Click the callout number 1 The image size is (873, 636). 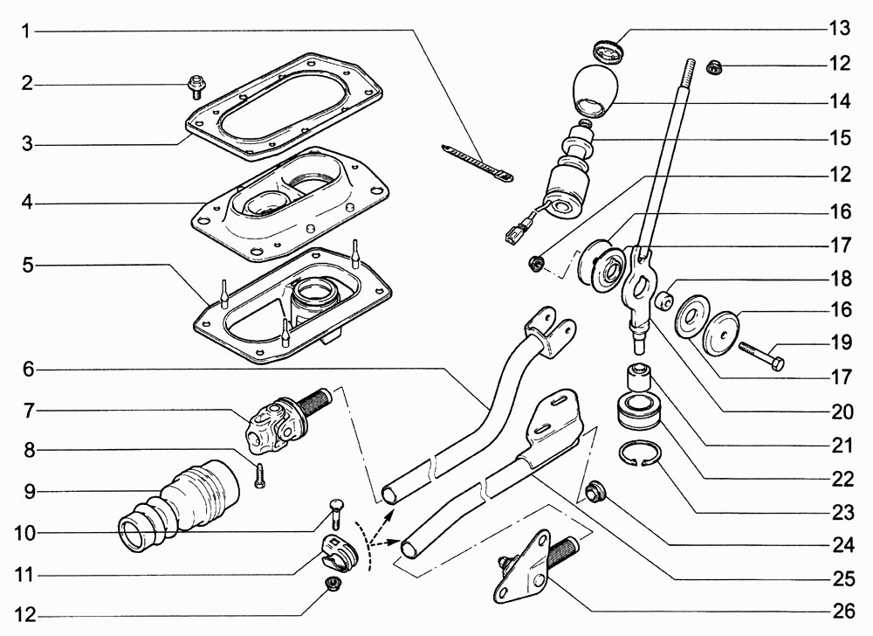click(25, 31)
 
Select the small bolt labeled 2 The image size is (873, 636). click(196, 86)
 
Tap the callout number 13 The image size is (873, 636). click(840, 28)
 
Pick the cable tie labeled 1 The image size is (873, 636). click(478, 163)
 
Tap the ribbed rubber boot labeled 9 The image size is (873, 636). click(180, 507)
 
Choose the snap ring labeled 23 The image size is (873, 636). click(640, 454)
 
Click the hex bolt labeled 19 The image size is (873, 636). click(761, 356)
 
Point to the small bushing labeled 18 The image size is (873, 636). click(663, 299)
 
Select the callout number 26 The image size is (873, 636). click(842, 612)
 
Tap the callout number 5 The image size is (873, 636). click(28, 265)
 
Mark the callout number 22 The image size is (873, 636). click(842, 480)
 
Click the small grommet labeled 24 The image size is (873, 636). click(596, 492)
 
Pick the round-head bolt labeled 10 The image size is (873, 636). click(337, 511)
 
